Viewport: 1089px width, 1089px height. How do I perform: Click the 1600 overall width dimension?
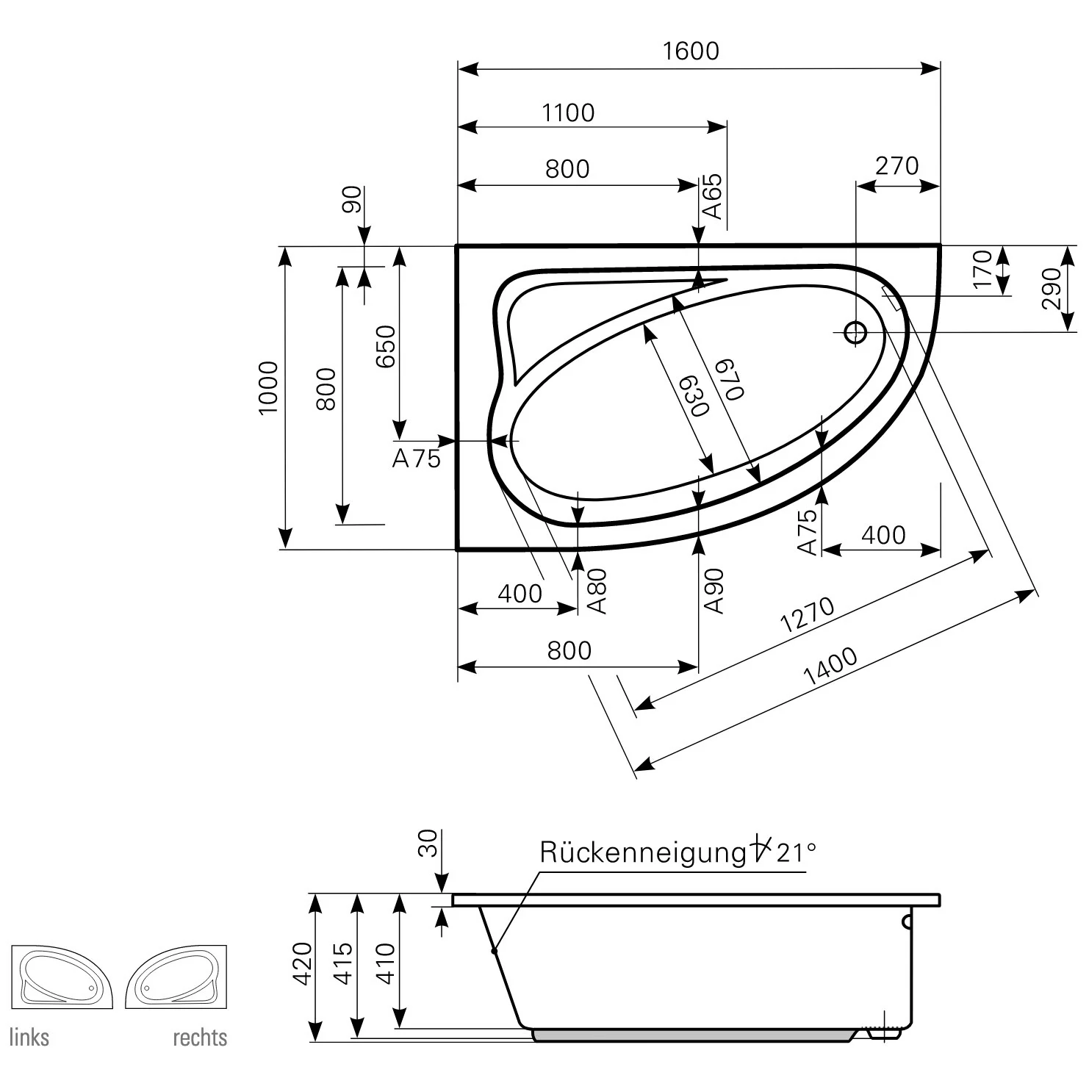pos(691,51)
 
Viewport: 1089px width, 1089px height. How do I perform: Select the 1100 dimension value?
pos(568,113)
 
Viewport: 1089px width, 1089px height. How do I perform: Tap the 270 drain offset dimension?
pos(897,166)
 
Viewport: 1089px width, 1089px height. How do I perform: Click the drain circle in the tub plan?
pos(855,332)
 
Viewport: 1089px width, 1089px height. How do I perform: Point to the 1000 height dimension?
pos(268,387)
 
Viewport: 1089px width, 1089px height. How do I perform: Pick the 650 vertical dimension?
pos(385,346)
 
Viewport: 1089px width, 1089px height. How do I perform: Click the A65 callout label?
pos(713,197)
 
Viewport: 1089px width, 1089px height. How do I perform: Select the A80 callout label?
pos(598,591)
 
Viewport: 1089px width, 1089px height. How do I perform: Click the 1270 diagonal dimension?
pos(808,614)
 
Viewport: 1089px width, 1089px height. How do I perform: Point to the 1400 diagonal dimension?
pos(830,666)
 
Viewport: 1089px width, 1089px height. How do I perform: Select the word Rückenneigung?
pos(643,852)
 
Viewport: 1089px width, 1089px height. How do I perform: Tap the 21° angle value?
pos(796,852)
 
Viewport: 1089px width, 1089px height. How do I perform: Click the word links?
pos(29,1038)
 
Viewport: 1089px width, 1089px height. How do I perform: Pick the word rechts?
pos(200,1038)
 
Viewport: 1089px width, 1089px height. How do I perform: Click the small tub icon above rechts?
pos(176,977)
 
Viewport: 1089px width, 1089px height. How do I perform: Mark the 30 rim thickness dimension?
pos(428,844)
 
